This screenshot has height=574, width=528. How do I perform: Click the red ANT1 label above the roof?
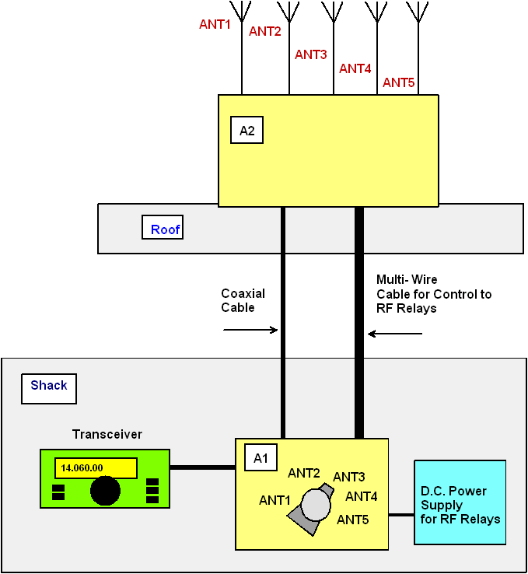215,24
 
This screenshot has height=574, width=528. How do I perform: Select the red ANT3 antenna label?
310,54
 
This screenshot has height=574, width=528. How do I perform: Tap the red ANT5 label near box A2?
398,82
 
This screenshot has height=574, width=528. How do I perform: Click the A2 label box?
247,131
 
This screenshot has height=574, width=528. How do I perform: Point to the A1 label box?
261,458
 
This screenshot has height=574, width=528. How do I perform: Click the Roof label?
163,229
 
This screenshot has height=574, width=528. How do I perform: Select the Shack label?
49,386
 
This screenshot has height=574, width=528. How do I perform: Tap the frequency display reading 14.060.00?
96,468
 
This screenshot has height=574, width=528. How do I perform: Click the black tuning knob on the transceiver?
105,491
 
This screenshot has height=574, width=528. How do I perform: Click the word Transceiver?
107,434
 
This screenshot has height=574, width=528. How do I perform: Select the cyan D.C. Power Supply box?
460,502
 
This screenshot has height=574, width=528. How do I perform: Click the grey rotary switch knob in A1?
316,504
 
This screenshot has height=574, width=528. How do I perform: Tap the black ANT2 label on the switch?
304,473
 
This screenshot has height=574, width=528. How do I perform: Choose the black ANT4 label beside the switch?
362,496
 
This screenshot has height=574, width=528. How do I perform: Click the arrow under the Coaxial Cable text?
250,330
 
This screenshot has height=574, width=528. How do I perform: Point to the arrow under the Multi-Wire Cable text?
395,334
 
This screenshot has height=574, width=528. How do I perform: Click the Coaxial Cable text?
243,300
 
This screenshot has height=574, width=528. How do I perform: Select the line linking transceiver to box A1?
202,467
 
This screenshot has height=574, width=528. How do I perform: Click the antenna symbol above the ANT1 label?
242,11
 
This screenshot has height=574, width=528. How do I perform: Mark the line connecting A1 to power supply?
401,515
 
